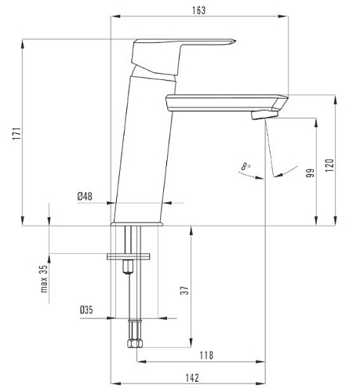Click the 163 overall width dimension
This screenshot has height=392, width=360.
tap(199, 10)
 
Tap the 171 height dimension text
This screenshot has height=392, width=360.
tap(17, 133)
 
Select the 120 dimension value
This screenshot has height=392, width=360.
tap(329, 165)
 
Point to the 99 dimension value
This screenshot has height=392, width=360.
tap(311, 173)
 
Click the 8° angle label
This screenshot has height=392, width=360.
tap(245, 166)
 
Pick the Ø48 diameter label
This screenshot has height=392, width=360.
tap(85, 196)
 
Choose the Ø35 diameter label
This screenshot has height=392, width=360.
tap(86, 310)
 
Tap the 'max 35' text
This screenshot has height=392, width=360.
tap(44, 278)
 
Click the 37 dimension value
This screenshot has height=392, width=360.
tap(185, 290)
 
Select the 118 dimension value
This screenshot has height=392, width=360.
tap(206, 355)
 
